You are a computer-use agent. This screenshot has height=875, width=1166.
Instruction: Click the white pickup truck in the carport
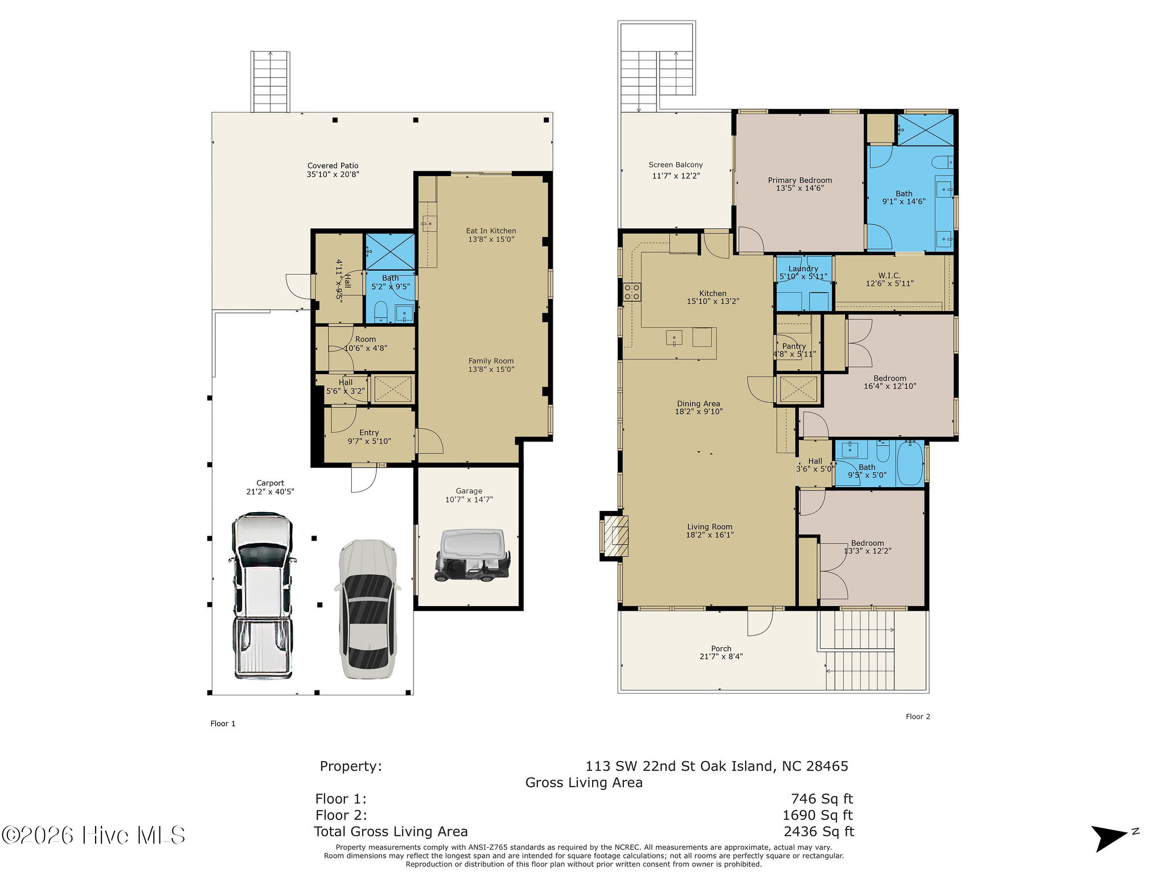pos(262,596)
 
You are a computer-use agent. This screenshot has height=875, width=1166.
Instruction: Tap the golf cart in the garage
pos(472,556)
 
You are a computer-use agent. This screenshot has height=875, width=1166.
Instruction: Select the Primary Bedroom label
pos(800,180)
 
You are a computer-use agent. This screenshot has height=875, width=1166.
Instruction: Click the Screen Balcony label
pos(676,165)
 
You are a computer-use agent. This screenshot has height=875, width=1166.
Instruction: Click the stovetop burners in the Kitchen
pos(632,292)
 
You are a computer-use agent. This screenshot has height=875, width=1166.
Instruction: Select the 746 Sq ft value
pos(822,799)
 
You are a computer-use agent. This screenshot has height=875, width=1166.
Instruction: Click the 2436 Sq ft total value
pos(819,832)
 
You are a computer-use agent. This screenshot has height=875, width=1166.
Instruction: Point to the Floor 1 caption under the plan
pos(223,723)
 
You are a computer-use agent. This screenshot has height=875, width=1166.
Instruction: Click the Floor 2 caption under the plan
pos(918,717)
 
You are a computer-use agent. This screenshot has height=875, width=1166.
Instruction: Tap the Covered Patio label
pos(333,166)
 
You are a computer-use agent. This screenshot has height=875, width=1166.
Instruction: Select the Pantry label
pos(794,346)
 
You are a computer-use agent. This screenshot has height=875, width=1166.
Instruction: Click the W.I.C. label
pos(889,276)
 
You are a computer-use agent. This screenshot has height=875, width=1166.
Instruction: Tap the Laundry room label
pos(803,269)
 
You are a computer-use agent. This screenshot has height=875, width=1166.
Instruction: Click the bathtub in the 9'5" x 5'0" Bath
pos(910,463)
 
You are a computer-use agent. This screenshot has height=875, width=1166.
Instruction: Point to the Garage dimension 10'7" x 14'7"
pos(469,500)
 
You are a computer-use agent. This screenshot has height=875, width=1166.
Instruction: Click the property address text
pos(717,766)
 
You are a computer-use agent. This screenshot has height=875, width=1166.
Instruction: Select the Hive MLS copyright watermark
pos(93,836)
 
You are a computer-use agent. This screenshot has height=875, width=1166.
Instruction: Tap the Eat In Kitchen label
pos(491,231)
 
